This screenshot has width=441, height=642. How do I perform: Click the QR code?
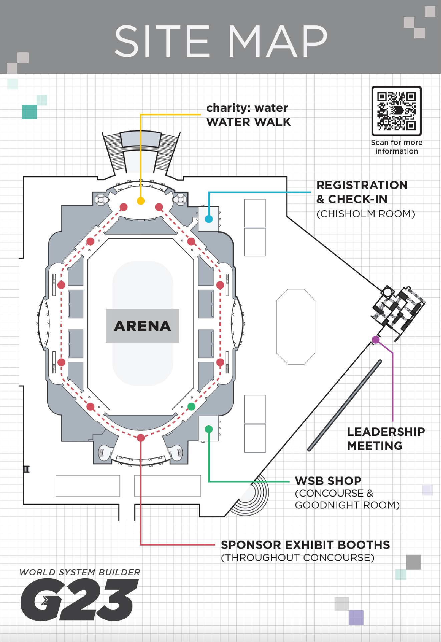pos(396,111)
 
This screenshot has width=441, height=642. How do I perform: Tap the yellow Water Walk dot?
pos(141,201)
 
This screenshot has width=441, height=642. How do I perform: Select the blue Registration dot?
pos(209,219)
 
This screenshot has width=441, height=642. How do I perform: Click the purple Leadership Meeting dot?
pos(376,340)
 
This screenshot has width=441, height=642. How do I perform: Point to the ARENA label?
pos(142,326)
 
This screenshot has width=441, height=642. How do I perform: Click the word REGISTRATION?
pos(362,185)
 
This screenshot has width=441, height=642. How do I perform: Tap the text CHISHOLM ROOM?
pos(366,214)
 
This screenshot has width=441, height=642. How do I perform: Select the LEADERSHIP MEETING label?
pos(386,438)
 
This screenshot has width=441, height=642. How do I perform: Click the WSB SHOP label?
pos(328,481)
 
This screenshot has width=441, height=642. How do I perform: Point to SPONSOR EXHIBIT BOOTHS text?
pos(305,545)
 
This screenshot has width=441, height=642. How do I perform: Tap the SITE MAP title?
pos(220,41)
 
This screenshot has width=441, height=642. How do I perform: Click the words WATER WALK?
pos(249,122)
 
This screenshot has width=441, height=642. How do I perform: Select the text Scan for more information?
pos(396,147)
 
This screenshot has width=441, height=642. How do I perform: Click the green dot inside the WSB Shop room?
pos(209,429)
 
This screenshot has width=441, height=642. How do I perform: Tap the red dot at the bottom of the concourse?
pos(141,438)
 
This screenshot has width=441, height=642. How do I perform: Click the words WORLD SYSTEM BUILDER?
pos(80,572)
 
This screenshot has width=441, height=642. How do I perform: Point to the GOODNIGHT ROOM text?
pos(347,505)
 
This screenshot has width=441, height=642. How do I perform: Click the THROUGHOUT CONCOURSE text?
pos(298,558)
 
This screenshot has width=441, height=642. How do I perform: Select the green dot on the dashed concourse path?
pos(191,406)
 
